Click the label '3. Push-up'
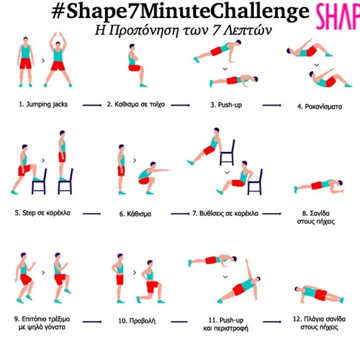(x=224, y=104)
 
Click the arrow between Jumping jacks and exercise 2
(x=91, y=105)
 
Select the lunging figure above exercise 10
(x=148, y=281)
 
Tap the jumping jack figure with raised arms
(x=59, y=61)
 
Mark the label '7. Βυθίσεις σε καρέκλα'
(x=225, y=214)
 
